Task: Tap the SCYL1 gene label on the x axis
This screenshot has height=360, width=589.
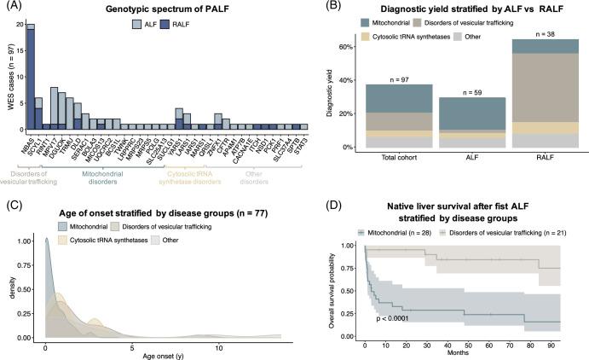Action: (38, 141)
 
